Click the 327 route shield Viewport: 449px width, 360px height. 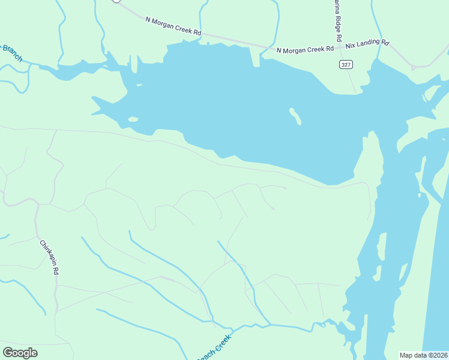pos(345,64)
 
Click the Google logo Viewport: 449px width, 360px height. pos(20,353)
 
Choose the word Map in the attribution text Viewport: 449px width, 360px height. pos(407,355)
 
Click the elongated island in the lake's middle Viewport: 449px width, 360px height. pos(295,116)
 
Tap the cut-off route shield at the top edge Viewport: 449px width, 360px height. pos(116,1)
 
